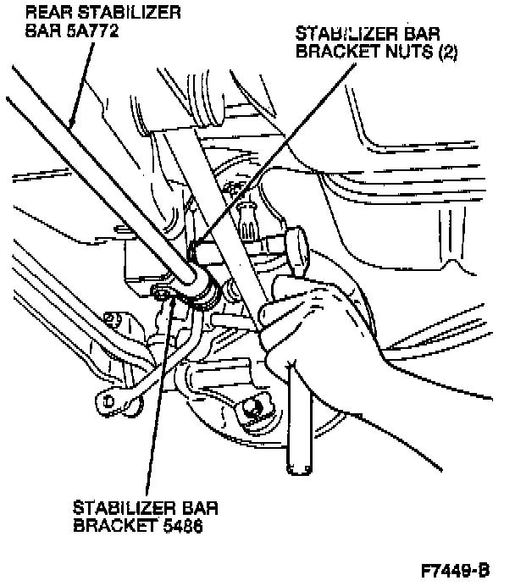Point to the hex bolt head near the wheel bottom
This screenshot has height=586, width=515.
coord(252,409)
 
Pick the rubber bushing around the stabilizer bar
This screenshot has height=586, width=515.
coord(202,287)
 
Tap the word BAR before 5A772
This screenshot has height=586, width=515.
coord(42,31)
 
